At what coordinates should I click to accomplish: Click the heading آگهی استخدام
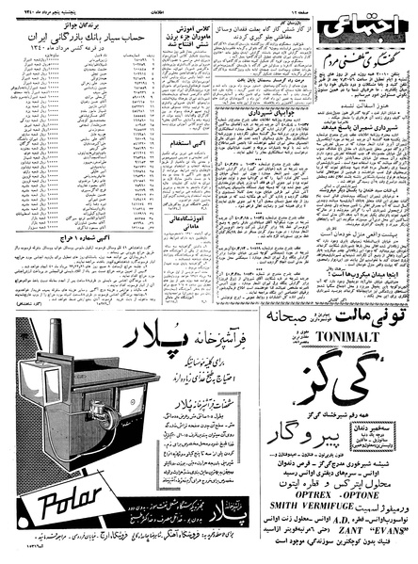(184, 194)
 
